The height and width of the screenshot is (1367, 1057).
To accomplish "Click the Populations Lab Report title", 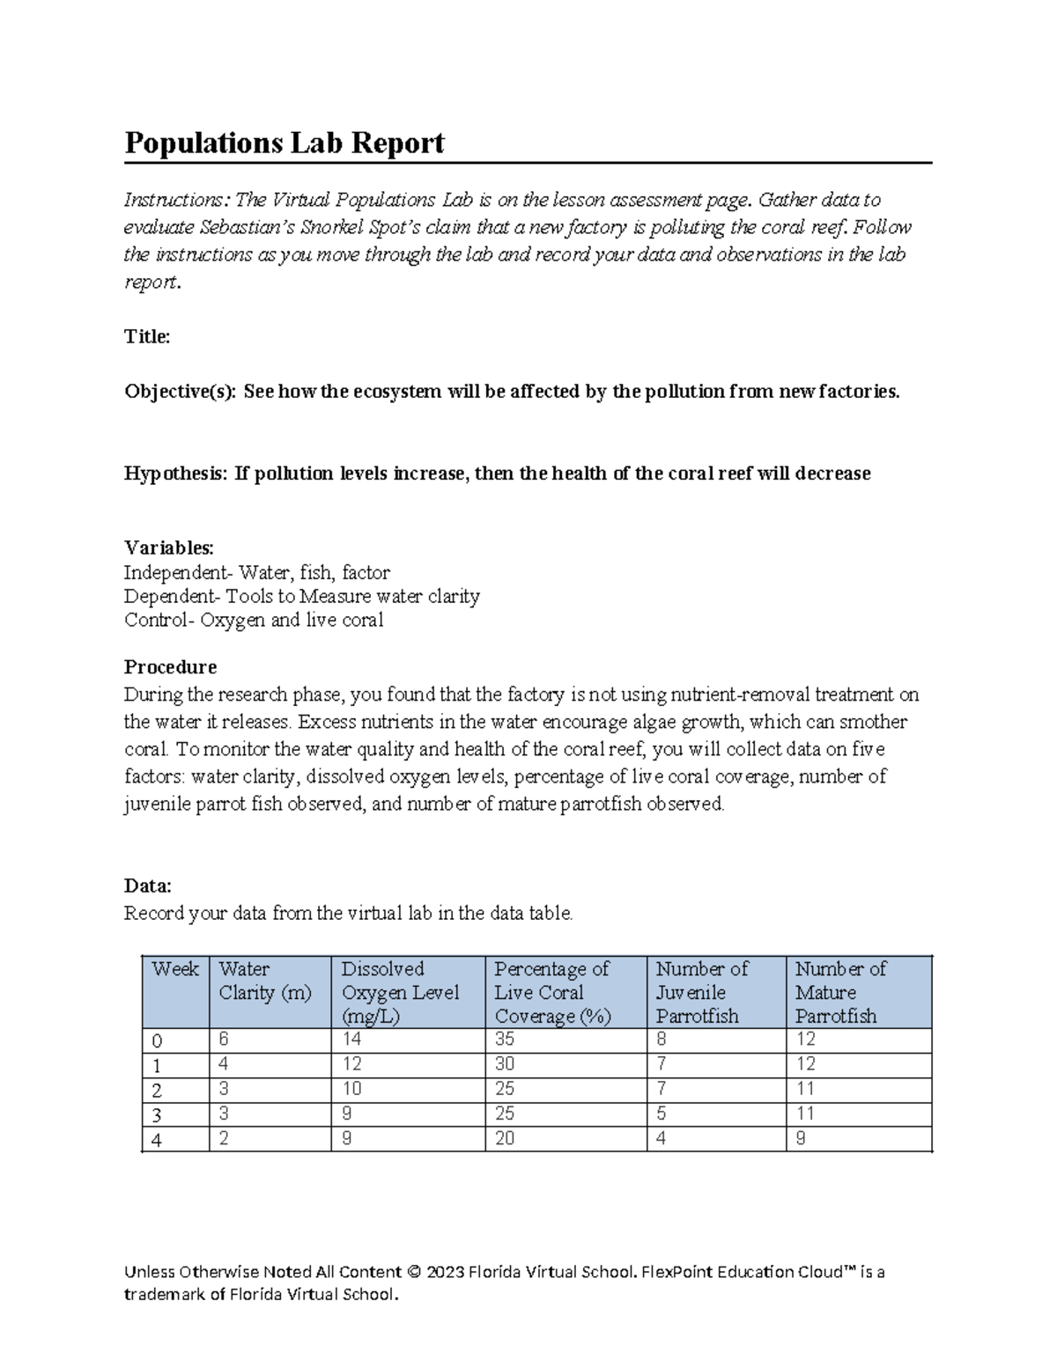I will pos(284,143).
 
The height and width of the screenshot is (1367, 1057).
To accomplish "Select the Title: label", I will pos(147,336).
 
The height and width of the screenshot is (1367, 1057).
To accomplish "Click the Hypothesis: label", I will pos(175,474).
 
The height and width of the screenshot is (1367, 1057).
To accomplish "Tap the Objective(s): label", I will pos(180,392).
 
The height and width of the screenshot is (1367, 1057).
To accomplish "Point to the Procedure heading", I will pos(170,666).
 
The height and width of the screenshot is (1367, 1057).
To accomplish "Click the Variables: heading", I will pos(168,547).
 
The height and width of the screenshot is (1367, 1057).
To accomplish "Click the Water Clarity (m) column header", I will pos(265,981).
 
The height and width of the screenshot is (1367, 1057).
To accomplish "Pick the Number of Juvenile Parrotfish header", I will pos(701,992).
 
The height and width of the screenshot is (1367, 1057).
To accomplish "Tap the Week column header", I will pos(174,969).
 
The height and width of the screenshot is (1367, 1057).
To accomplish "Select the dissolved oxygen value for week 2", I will pos(351,1089).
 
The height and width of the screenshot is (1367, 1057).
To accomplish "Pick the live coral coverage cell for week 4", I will pos(505,1138).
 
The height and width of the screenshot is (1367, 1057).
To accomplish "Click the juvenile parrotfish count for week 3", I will pos(662,1113).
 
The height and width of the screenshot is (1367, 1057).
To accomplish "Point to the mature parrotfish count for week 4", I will pos(801,1138).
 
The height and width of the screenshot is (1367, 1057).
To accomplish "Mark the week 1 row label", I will pos(157,1065).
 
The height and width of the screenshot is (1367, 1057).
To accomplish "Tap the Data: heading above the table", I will pos(147,886).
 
